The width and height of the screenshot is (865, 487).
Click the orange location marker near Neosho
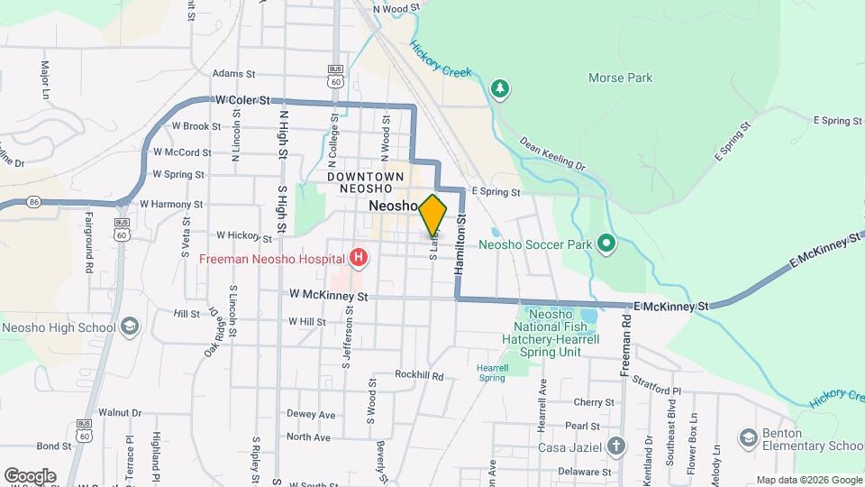click(432, 215)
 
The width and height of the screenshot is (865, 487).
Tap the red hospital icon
click(360, 259)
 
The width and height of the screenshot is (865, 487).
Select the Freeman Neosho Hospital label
click(270, 259)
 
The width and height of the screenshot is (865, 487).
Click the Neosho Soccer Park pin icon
click(606, 243)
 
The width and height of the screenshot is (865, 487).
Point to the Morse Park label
click(620, 78)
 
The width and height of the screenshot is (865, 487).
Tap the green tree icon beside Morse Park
click(499, 88)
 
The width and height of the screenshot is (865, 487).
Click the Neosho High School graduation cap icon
click(130, 326)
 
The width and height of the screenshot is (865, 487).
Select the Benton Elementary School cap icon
click(748, 437)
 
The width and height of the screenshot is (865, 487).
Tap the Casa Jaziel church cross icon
click(615, 446)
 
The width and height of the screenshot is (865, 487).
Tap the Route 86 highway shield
click(33, 200)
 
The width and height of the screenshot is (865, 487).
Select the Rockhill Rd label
click(420, 375)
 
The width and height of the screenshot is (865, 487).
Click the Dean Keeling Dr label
click(552, 153)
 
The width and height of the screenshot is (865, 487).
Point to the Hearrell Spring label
click(492, 372)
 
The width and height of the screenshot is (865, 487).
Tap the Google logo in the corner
click(30, 476)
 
